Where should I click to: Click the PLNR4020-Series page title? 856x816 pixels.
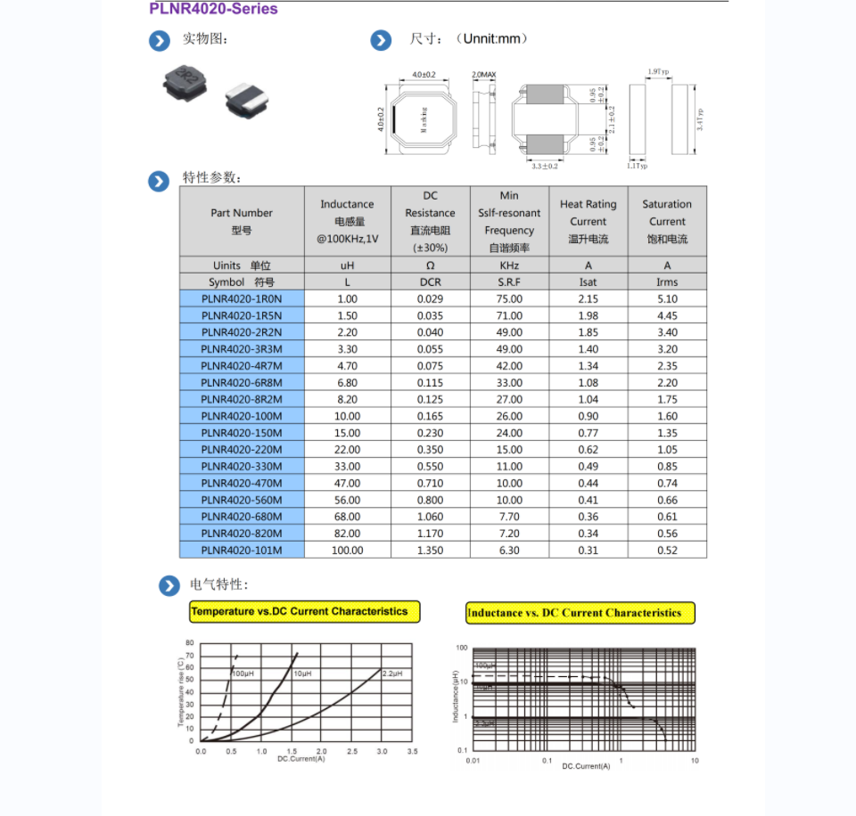[213, 9]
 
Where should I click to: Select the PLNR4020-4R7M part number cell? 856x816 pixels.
[242, 366]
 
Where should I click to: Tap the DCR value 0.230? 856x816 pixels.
[430, 433]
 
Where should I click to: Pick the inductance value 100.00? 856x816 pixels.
[347, 551]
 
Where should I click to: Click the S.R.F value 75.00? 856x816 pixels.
[509, 299]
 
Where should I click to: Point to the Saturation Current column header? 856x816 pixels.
[667, 221]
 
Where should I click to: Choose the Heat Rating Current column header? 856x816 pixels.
[588, 221]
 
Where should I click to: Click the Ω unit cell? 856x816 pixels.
[430, 265]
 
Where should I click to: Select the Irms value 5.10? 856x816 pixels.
[667, 299]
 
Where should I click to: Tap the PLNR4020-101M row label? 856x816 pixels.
[242, 551]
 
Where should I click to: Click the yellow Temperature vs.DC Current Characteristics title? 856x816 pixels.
[304, 612]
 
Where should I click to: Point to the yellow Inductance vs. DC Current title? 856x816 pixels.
[580, 613]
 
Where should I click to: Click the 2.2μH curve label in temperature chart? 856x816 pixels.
[392, 673]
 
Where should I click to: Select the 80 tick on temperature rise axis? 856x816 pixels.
[189, 642]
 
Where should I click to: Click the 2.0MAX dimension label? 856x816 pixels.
[483, 74]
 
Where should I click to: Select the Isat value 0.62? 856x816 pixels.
[588, 450]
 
